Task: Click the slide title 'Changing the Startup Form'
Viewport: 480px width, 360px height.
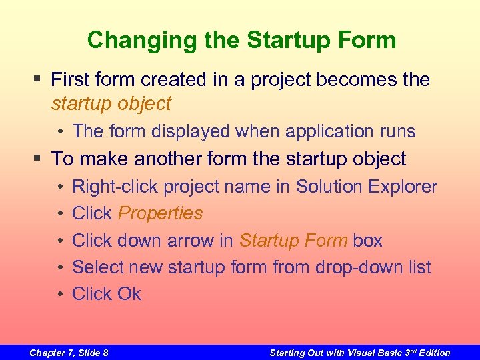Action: pos(241,40)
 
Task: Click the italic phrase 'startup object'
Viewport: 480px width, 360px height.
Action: pos(111,103)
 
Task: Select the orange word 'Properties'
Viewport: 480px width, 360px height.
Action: pos(160,213)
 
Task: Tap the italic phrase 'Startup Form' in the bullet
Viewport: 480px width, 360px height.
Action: pos(293,240)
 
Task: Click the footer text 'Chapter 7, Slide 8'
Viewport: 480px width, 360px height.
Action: pos(69,353)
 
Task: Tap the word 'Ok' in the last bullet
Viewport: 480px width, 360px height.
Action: pos(129,294)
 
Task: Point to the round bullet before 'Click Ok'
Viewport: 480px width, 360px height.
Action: pos(59,294)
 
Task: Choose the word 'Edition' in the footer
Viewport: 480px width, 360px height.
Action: pos(433,353)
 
